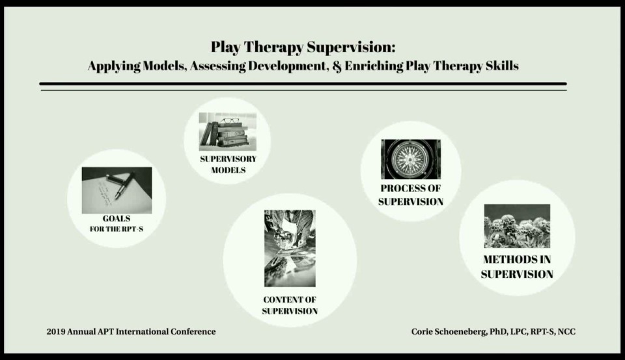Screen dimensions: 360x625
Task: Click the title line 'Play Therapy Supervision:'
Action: point(303,48)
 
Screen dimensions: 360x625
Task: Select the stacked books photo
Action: point(227,132)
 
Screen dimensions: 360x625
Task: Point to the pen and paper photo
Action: point(117,190)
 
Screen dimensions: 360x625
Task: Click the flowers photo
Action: point(517,226)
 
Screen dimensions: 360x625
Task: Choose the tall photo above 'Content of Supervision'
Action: point(290,248)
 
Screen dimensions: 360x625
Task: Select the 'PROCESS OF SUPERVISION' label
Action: point(411,195)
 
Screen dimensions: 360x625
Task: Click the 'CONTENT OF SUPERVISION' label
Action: point(290,305)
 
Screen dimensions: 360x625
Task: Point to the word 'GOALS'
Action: point(117,219)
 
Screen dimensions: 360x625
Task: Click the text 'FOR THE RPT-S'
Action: point(117,229)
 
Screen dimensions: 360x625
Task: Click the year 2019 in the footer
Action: point(57,332)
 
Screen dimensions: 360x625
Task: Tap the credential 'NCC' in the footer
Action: point(566,332)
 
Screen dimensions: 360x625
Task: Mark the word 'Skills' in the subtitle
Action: point(501,66)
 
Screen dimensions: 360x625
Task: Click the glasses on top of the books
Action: point(229,120)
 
